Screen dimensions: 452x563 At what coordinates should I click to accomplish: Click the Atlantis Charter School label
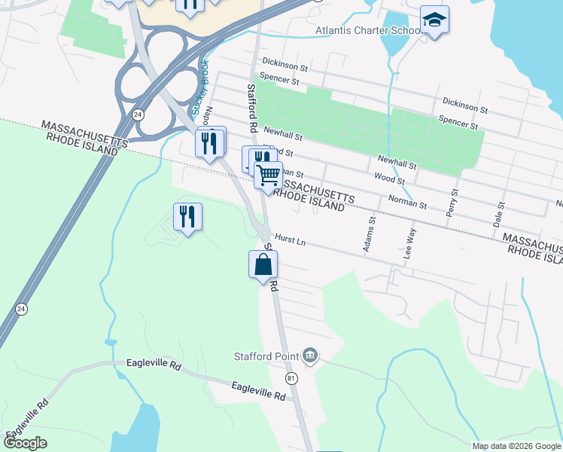367,31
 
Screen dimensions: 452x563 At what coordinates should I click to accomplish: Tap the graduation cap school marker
434,20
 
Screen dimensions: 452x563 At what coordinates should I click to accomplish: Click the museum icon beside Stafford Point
309,356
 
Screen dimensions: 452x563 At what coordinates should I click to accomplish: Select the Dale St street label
498,215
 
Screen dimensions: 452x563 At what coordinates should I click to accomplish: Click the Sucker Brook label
201,90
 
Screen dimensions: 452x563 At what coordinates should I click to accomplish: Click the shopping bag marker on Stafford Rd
263,265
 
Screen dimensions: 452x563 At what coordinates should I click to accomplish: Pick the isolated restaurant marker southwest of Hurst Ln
187,217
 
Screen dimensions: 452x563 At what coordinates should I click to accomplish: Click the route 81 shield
292,377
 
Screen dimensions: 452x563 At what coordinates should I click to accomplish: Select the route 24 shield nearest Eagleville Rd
20,308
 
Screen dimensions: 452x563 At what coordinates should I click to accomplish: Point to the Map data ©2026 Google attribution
516,446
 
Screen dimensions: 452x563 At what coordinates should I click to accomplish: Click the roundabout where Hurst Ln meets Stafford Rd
263,231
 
